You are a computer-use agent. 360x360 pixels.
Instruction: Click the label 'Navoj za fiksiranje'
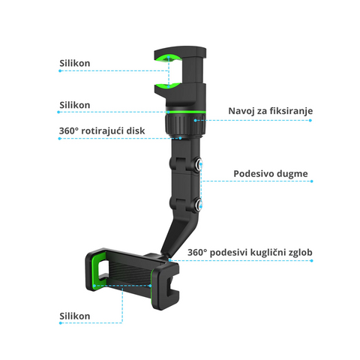coord(271,111)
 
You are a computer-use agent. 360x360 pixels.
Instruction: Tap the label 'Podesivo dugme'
coord(271,173)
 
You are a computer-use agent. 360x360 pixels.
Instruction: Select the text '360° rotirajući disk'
coord(102,130)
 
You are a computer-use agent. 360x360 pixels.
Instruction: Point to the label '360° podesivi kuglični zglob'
coord(250,252)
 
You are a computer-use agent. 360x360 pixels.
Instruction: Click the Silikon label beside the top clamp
coord(75,63)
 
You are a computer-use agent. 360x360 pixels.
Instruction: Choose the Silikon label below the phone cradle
coord(75,316)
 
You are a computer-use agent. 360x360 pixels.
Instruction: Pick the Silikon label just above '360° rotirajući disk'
coord(75,105)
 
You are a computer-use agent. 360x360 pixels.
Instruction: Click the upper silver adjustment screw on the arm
coord(199,164)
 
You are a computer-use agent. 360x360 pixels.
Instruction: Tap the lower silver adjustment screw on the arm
coord(199,204)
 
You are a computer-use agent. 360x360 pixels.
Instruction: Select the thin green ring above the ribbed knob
coord(185,112)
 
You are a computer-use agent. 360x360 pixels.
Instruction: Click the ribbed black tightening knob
coord(185,124)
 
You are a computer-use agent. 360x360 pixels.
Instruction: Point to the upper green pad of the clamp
coord(168,58)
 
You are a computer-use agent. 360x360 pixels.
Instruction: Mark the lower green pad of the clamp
coord(167,87)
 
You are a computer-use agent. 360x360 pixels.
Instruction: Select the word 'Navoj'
coord(241,111)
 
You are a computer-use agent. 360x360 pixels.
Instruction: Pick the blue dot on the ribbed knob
coord(195,121)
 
